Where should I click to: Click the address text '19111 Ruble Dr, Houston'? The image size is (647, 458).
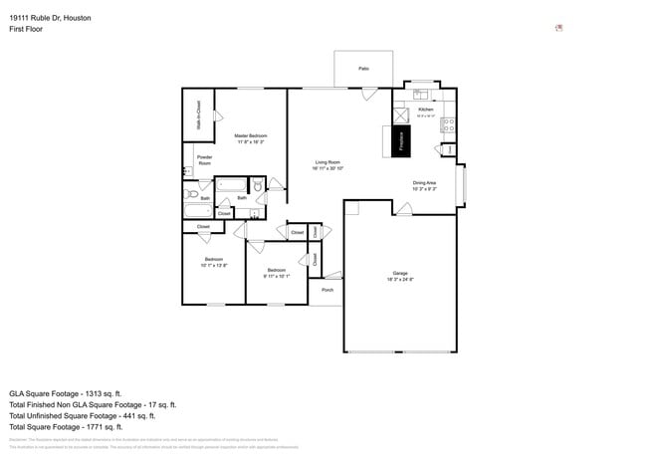pos(51,17)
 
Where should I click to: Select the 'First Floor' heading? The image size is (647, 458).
pos(26,29)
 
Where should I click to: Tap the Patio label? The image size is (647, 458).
pos(364,68)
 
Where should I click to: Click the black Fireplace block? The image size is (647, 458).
pos(402,141)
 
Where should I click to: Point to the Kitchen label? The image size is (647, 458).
pos(425,110)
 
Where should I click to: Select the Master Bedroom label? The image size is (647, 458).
pos(251,135)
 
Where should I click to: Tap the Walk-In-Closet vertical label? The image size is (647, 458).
pos(199,116)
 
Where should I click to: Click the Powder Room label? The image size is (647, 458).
pos(204,159)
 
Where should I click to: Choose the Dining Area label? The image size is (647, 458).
pos(425,182)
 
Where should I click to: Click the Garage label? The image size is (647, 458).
pos(400,273)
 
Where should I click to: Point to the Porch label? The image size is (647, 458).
pos(326,290)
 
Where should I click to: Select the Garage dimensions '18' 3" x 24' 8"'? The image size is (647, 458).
pos(400,280)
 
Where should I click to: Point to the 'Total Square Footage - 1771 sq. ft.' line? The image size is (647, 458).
pos(71,427)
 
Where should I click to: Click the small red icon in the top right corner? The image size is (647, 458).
pos(558,28)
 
